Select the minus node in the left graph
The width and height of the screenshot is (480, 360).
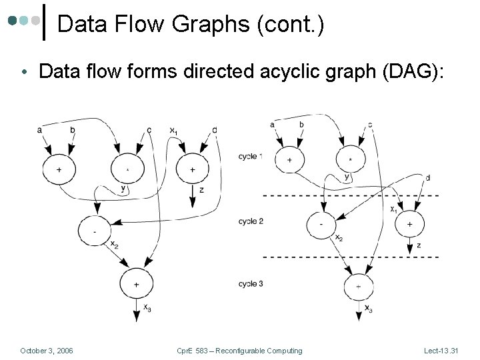click(94, 231)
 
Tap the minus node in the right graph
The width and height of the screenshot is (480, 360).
click(321, 225)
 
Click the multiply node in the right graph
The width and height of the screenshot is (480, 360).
click(350, 160)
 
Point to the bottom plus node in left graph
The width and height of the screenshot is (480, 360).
click(136, 284)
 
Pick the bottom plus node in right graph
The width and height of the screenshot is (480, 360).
click(359, 287)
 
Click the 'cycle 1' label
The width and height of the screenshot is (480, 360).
click(251, 157)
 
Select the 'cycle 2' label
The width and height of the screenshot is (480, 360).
click(251, 221)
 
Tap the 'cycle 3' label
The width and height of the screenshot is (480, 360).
click(251, 284)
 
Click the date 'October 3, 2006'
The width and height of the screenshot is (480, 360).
click(47, 351)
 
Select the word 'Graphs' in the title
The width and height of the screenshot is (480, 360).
click(171, 25)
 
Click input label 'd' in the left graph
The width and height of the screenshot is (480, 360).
click(214, 129)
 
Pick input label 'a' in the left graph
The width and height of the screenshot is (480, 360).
click(40, 129)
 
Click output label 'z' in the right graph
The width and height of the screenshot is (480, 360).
click(418, 245)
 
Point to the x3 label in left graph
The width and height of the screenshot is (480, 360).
click(147, 307)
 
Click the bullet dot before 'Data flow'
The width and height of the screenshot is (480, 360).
click(24, 72)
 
